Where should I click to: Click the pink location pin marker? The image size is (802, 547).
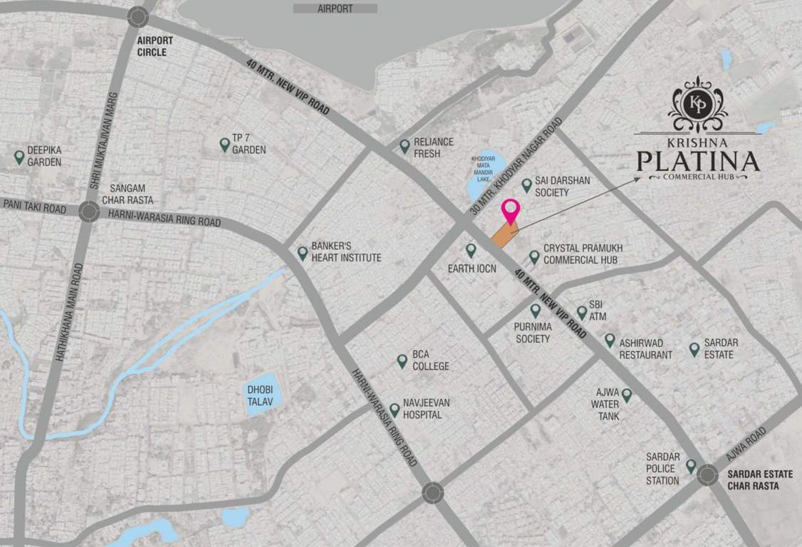511,212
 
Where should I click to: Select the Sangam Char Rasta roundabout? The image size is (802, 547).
89,212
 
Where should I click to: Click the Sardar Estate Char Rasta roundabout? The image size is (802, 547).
707,475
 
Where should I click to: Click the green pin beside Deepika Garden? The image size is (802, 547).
19,156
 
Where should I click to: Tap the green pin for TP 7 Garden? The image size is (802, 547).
224,145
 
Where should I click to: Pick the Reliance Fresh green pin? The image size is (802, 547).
405,146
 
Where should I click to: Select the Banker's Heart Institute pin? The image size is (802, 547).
303,252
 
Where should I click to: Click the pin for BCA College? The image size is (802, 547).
402,361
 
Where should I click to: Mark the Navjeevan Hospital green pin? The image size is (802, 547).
395,410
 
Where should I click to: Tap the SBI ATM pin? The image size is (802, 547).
582,312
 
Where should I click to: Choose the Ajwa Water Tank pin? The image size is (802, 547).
627,394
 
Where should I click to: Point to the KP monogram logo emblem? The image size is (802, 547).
697,104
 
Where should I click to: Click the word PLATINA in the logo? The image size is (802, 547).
697,161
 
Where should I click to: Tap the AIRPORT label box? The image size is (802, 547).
335,9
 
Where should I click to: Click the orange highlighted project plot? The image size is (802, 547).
504,234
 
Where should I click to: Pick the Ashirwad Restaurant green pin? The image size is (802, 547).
610,340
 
